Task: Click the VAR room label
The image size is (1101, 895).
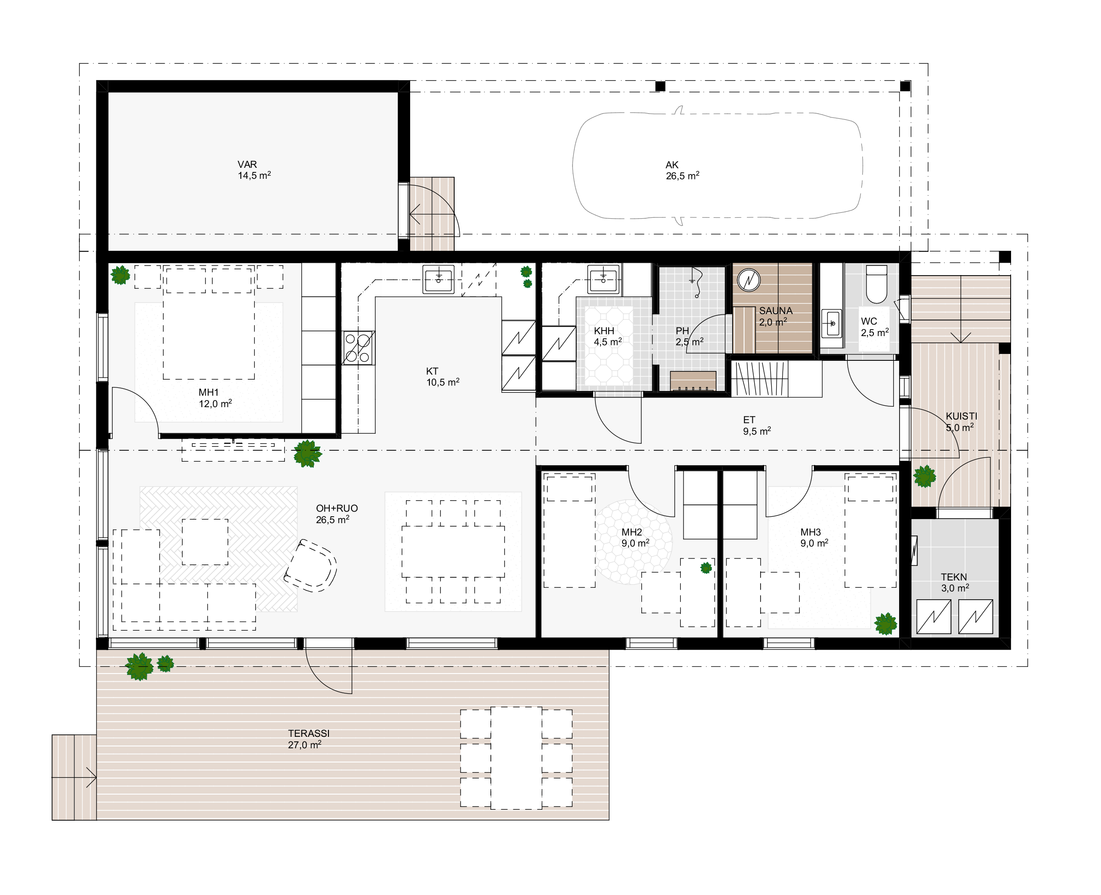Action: tap(247, 165)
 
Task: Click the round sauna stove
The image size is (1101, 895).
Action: tap(749, 280)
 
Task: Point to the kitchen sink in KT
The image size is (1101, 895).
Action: tap(439, 279)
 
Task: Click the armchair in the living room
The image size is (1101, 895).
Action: tap(311, 565)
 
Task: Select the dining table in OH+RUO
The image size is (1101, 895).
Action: tap(453, 552)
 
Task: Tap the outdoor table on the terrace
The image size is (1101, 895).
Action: tap(516, 758)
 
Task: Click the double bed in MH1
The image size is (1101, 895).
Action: tap(209, 323)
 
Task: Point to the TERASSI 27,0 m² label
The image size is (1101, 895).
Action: tap(308, 739)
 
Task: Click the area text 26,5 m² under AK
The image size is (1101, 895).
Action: tap(682, 176)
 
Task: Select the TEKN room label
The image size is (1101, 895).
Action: tap(954, 577)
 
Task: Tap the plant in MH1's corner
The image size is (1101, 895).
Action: tap(121, 275)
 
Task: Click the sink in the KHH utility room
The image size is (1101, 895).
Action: tap(603, 279)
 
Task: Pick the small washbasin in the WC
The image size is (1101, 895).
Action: tap(831, 323)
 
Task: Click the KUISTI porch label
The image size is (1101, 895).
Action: tap(961, 416)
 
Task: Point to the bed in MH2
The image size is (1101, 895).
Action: tap(569, 530)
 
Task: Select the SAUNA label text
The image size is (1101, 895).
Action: tap(776, 311)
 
